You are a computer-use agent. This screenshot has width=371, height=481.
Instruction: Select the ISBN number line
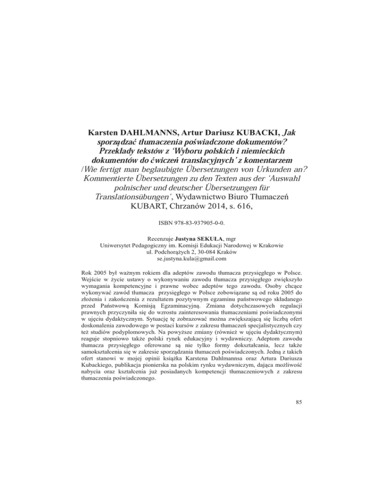tap(185, 239)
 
